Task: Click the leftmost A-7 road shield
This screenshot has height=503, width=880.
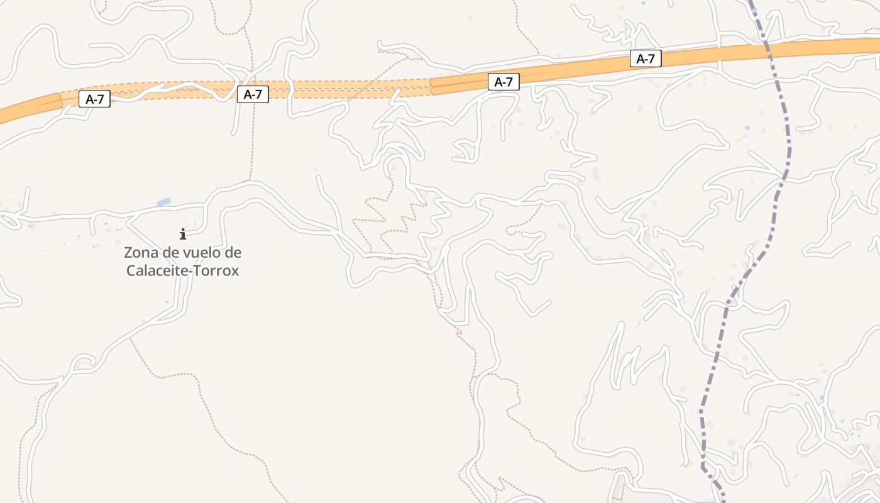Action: click(94, 99)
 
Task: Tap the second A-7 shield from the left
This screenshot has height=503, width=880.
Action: click(253, 94)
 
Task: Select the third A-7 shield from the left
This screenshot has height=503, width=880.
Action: click(503, 82)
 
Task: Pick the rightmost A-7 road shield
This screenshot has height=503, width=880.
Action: click(646, 59)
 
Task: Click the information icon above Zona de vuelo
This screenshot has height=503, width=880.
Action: click(183, 235)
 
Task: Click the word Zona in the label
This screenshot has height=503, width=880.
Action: click(140, 253)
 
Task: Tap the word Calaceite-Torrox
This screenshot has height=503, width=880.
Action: click(183, 271)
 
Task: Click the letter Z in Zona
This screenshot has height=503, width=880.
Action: click(128, 253)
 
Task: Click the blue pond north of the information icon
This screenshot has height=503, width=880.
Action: click(163, 202)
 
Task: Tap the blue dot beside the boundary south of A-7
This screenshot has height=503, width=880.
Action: click(747, 128)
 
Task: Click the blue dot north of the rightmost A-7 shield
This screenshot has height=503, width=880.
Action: click(643, 4)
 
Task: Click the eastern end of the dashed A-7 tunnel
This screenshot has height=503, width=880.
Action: click(431, 86)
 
